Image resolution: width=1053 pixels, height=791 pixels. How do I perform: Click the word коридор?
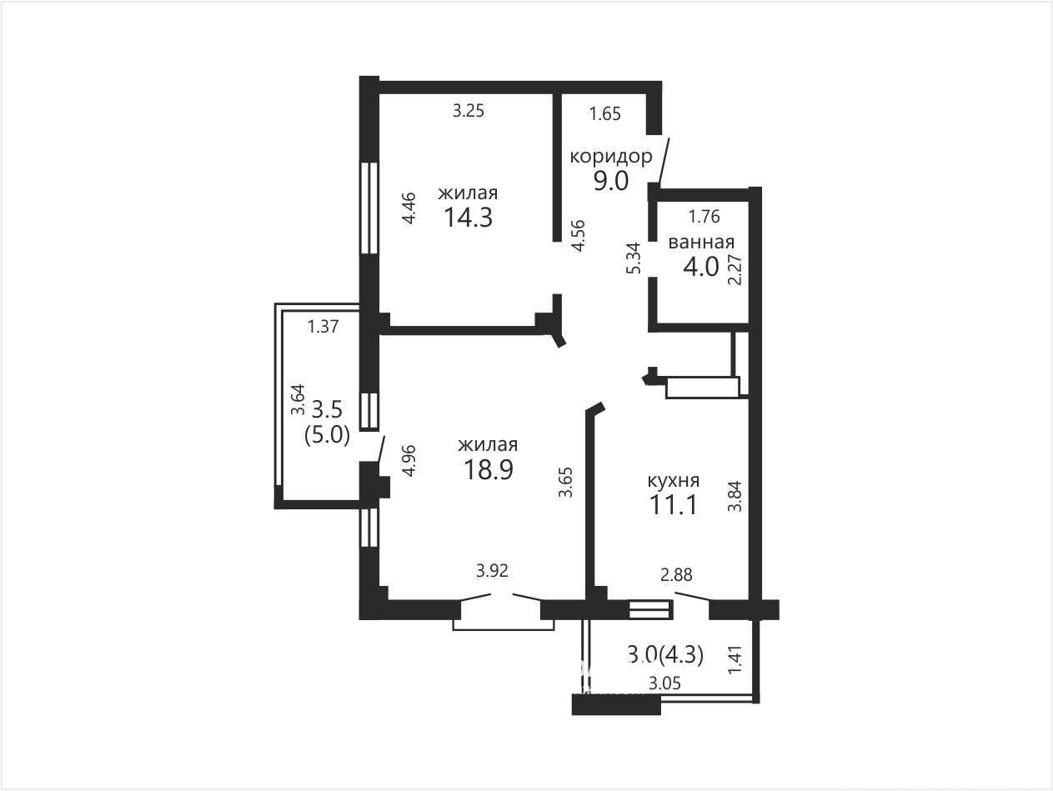coord(610,157)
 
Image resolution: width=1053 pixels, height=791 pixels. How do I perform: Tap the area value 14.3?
coord(469,218)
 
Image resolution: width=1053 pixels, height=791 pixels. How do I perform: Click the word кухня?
coord(674,480)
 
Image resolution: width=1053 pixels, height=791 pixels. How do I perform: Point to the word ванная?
coord(701,242)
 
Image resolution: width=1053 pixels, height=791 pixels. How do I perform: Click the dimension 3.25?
coord(469,111)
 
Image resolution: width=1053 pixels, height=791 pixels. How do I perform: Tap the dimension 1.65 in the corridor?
coord(605,113)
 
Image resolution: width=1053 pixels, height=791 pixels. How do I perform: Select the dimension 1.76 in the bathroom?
coord(705,216)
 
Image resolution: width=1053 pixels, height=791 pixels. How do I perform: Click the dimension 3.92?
coord(492,570)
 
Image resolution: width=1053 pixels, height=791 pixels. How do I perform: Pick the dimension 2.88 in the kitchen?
coord(676,574)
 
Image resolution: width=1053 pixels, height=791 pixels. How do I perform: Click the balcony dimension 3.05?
coord(665,683)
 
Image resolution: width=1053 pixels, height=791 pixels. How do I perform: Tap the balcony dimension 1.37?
coord(323,327)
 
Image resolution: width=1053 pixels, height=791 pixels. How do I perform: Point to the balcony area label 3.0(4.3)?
coord(665,655)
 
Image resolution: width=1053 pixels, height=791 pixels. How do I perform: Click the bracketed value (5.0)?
coord(327,436)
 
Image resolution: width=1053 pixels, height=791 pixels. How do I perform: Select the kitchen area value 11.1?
coord(673,505)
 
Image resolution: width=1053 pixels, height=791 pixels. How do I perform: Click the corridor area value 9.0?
coord(611,181)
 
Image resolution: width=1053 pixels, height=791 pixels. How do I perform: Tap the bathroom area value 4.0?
coord(701,267)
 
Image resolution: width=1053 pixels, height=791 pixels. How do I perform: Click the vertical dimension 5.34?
coord(634,258)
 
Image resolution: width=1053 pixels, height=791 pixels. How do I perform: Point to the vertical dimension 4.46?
coord(409,208)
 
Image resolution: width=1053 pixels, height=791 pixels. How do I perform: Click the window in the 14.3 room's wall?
coord(369,208)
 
